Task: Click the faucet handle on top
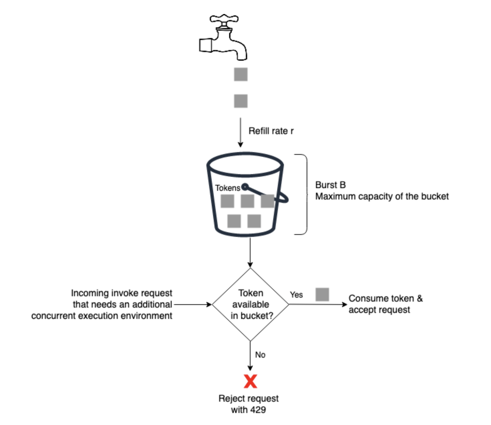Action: [x=224, y=20]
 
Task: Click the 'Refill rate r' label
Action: [x=271, y=131]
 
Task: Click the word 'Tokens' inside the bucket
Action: [x=227, y=188]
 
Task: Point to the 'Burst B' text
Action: [x=330, y=185]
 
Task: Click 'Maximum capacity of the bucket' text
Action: [x=382, y=196]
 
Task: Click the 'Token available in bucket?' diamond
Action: [x=251, y=304]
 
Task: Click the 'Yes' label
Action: [x=296, y=295]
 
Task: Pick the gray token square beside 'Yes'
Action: [x=322, y=295]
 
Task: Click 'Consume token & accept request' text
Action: [x=385, y=304]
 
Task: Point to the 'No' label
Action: [x=260, y=355]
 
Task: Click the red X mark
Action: [x=251, y=381]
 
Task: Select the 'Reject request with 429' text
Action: [x=249, y=404]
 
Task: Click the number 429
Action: [x=258, y=410]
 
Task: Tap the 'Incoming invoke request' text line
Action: [x=122, y=293]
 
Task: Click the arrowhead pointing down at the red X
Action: [x=250, y=368]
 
